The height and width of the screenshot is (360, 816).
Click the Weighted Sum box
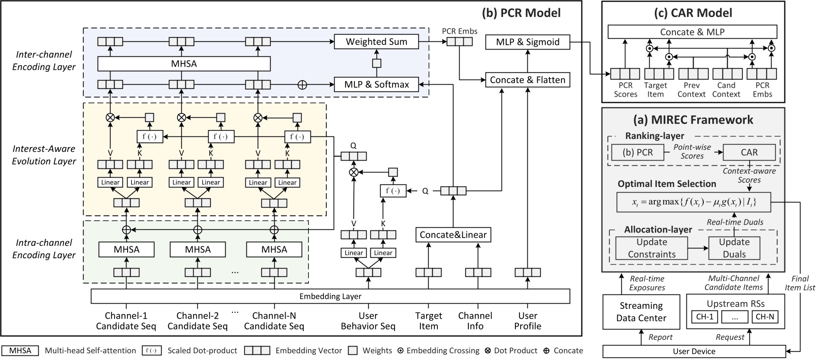[376, 42]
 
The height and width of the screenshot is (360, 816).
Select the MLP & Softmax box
[377, 84]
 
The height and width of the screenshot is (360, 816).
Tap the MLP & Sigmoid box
[527, 42]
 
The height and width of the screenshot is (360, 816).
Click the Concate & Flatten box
[527, 80]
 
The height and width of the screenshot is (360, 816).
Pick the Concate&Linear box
[453, 234]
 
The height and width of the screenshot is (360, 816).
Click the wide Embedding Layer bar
[331, 296]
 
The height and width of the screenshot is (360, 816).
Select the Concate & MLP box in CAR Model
[692, 32]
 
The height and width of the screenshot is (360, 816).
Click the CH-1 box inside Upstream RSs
[704, 317]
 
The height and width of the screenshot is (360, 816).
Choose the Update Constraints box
[652, 248]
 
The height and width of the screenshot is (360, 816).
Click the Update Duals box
[734, 248]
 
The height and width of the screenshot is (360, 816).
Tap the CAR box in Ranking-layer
[749, 152]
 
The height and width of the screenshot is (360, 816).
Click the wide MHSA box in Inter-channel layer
[184, 64]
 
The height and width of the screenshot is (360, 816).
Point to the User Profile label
[527, 321]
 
